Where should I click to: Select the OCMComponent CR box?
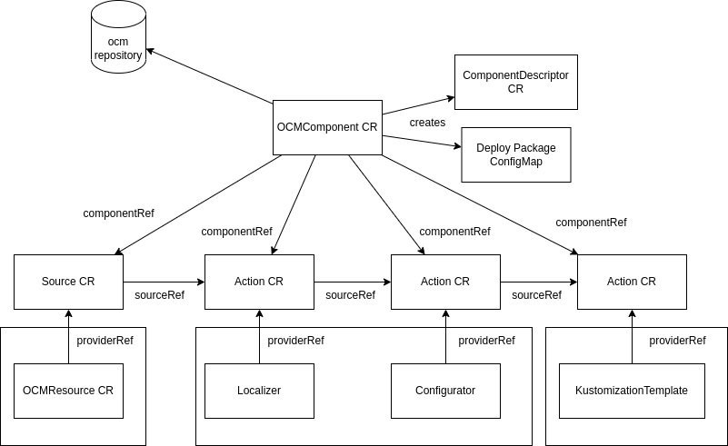tap(327, 127)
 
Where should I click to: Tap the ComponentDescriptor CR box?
tap(515, 82)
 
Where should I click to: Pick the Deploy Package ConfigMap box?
tap(515, 154)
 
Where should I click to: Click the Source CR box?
tap(68, 282)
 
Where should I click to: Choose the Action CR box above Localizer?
tap(259, 282)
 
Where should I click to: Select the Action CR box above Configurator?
tap(445, 282)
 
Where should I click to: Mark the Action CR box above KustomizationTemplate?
tap(632, 282)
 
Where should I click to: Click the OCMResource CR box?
tap(68, 391)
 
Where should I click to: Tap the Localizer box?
tap(259, 391)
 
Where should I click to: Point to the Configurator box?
tap(445, 391)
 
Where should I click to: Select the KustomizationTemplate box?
tap(632, 391)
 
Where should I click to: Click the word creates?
tap(427, 123)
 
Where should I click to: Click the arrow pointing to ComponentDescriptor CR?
tap(418, 105)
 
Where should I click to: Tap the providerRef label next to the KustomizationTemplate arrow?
tap(677, 341)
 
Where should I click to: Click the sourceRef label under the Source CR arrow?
tap(159, 295)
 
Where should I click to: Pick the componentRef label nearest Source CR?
tap(118, 213)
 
